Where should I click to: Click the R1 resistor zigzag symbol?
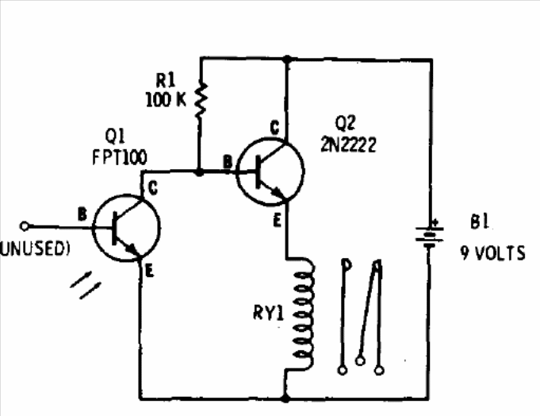201,101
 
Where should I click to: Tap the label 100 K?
166,100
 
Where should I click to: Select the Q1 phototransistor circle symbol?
126,228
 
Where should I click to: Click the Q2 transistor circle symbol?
270,171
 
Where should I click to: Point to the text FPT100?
120,157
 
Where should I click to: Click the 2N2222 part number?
348,145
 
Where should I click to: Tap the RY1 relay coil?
303,314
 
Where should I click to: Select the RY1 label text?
268,313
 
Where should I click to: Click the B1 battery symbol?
429,236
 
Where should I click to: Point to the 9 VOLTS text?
492,253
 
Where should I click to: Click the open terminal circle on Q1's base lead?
24,226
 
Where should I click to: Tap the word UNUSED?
33,248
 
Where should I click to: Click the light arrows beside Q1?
86,285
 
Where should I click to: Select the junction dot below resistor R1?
199,172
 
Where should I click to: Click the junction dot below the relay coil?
285,399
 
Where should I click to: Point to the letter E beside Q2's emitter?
278,220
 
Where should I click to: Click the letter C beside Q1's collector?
152,188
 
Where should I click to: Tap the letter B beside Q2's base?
228,161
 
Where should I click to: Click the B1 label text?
480,222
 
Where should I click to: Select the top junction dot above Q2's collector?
287,60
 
